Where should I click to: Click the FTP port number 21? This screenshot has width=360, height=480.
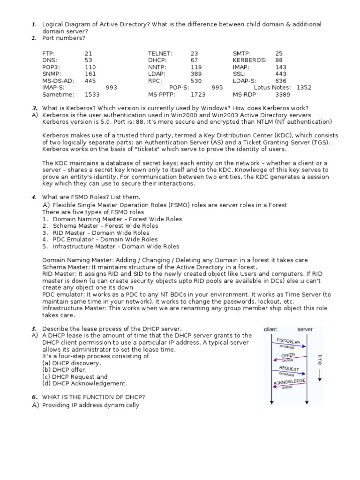[89, 53]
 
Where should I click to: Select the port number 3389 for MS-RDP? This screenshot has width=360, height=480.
[283, 94]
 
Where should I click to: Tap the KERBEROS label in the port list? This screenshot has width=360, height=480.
[249, 60]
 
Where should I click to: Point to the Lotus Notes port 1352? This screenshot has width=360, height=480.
[304, 87]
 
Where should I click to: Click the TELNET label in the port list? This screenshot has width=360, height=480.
[160, 53]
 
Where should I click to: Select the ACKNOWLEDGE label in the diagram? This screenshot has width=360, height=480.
[289, 382]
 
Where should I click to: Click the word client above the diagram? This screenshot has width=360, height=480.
[270, 330]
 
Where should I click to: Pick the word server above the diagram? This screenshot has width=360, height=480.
[305, 330]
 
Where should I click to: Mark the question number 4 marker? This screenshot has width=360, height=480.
[34, 197]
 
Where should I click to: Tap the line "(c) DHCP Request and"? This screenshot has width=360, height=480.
[75, 376]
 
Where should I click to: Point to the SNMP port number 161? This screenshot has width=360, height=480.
[90, 74]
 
